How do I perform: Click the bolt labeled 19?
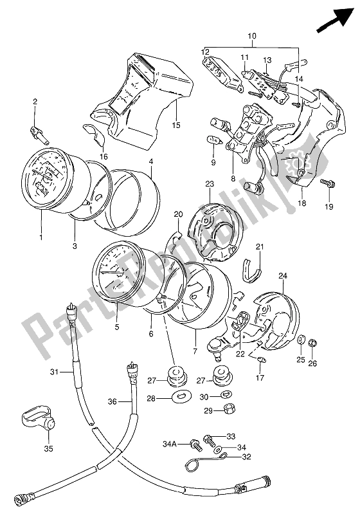pos(327,184)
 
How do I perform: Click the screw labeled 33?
pos(210,441)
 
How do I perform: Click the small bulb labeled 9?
pos(210,140)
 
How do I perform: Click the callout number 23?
pos(208,183)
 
